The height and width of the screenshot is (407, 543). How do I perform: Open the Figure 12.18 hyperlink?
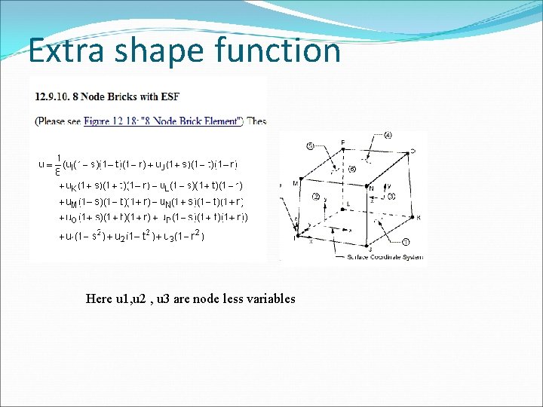(x=163, y=121)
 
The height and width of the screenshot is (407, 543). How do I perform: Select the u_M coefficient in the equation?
(x=69, y=202)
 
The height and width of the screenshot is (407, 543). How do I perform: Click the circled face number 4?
(x=388, y=136)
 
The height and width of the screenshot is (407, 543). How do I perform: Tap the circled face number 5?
(x=310, y=145)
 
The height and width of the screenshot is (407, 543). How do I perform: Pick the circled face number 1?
(x=406, y=242)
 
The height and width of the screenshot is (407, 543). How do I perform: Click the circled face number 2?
(x=316, y=197)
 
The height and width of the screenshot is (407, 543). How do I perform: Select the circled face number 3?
(x=392, y=197)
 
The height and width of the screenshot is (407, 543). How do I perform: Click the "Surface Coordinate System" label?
(x=381, y=258)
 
